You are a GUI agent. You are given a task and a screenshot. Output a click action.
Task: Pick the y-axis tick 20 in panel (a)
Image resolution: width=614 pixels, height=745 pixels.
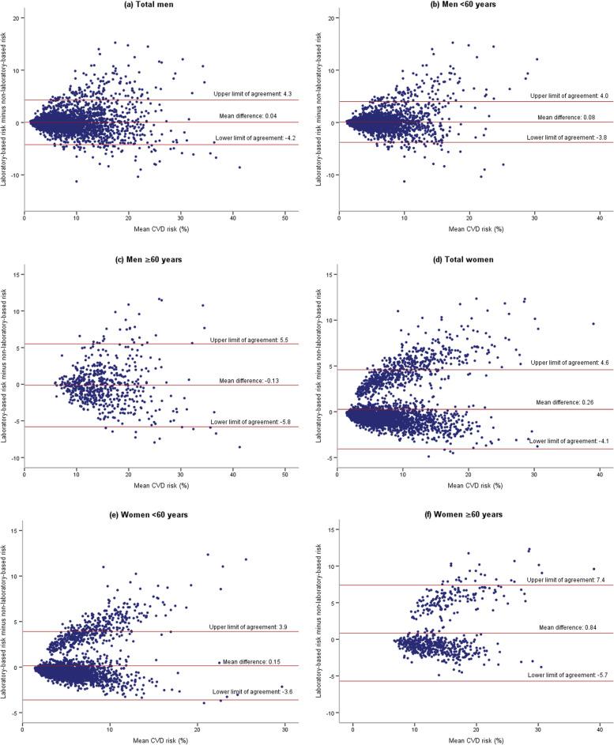17,17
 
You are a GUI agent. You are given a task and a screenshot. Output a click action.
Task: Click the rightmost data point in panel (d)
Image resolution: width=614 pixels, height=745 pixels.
593,302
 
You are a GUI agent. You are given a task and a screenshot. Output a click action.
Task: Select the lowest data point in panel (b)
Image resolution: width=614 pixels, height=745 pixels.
404,182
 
